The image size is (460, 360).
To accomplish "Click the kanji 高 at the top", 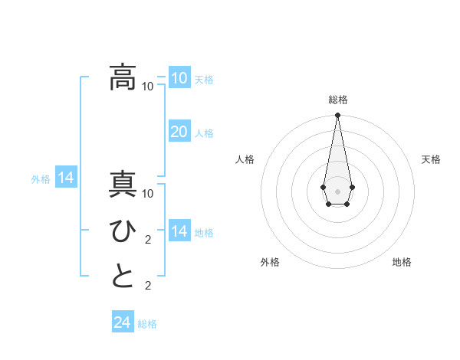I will tap(123, 77).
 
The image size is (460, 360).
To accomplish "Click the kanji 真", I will tap(123, 186).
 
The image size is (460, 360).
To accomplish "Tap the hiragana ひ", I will tap(123, 231).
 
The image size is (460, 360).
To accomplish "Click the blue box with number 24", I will tap(122, 322).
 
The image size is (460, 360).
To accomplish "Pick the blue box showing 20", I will tap(179, 132).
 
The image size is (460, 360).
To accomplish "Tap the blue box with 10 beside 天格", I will tap(179, 78).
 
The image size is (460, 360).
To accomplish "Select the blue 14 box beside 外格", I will tap(66, 178).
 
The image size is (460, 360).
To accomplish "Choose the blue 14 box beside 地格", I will tap(179, 231).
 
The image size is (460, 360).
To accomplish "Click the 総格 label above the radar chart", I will tap(337, 100).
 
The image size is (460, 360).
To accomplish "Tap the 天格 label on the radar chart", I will tap(432, 159).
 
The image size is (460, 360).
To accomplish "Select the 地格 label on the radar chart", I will tap(402, 262).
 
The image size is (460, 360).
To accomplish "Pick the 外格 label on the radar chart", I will tap(270, 262).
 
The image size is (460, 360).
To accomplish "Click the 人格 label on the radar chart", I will tap(245, 159).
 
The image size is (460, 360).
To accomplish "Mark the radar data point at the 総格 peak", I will tap(337, 116).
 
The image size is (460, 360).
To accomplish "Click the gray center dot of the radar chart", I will tap(337, 190).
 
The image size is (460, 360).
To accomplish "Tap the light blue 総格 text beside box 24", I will tap(147, 324).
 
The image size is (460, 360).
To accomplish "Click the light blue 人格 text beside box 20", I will tap(204, 133).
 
